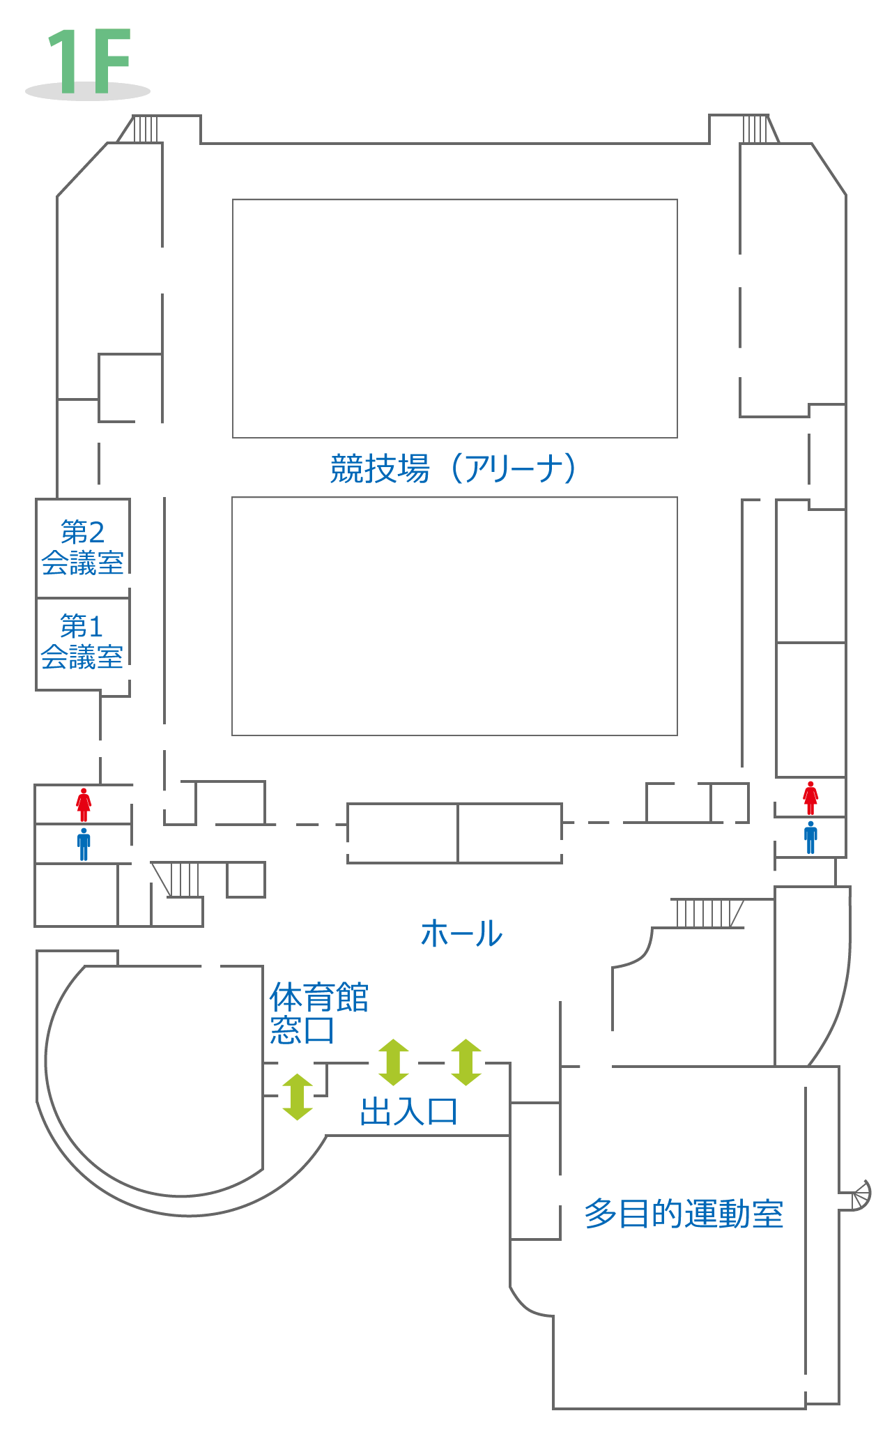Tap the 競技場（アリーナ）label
(454, 468)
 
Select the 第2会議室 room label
(82, 548)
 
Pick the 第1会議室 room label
(82, 642)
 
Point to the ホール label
(461, 933)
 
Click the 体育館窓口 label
(318, 1013)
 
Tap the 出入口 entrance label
(408, 1111)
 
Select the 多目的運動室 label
(684, 1214)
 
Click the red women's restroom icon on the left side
(84, 804)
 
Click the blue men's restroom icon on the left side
(84, 844)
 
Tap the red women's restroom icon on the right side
(810, 798)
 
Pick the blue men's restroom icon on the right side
(810, 837)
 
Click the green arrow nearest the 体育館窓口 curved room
(298, 1097)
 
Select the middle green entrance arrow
(394, 1062)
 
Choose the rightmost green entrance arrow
(466, 1062)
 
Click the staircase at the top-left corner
(145, 129)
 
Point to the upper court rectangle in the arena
(454, 319)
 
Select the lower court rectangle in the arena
(454, 616)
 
